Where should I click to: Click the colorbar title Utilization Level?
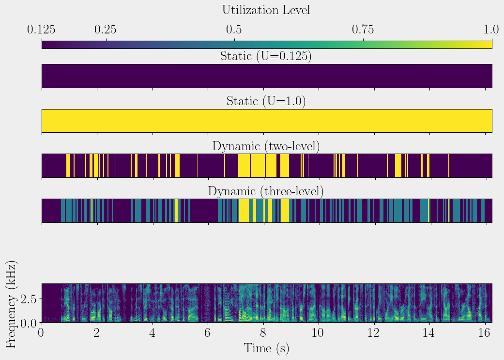pos(266,10)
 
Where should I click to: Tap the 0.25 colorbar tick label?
pos(106,30)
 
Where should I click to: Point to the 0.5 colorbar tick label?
pos(234,30)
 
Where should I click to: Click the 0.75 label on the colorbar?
pos(363,30)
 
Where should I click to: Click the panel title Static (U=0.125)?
pos(266,56)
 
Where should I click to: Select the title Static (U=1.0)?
pos(266,102)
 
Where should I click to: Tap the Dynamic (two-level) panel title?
pos(266,146)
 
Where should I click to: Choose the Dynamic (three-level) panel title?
pos(266,191)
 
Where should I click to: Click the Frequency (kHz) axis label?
pos(13,304)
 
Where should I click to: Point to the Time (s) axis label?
pos(266,348)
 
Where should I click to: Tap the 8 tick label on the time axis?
pos(263,334)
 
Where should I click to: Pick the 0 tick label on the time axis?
pos(42,334)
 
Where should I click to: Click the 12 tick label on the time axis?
pos(374,334)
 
